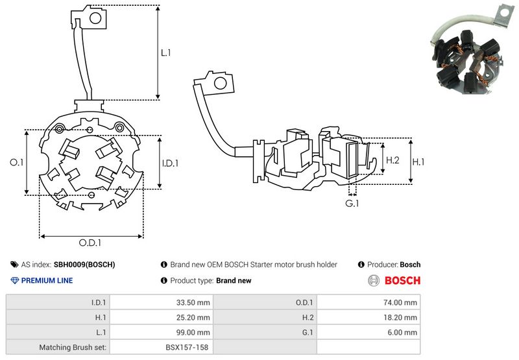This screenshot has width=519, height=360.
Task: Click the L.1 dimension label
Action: (165, 53)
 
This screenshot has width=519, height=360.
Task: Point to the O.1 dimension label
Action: (17, 162)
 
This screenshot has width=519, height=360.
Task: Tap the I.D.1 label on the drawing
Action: (170, 163)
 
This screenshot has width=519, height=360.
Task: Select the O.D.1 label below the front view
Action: (90, 243)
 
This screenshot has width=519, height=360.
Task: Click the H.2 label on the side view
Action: (392, 160)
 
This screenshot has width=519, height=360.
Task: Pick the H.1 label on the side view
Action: (418, 162)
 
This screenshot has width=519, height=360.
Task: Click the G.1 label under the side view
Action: (352, 203)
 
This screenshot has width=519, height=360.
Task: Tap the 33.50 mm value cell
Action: (193, 302)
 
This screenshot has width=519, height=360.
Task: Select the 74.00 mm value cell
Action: (400, 302)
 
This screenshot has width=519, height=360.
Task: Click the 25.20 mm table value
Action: (193, 318)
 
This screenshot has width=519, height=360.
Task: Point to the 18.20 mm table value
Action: (400, 318)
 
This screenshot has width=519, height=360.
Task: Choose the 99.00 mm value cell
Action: (193, 333)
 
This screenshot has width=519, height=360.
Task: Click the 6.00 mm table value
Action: (402, 333)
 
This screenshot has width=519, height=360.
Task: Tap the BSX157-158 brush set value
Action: (187, 348)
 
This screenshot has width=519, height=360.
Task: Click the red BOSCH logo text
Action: (402, 281)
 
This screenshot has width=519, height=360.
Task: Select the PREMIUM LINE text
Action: (47, 281)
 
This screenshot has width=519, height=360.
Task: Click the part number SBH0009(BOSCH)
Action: (84, 265)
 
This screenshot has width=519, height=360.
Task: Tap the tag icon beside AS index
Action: (14, 265)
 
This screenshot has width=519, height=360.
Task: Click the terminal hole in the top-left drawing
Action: (95, 18)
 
